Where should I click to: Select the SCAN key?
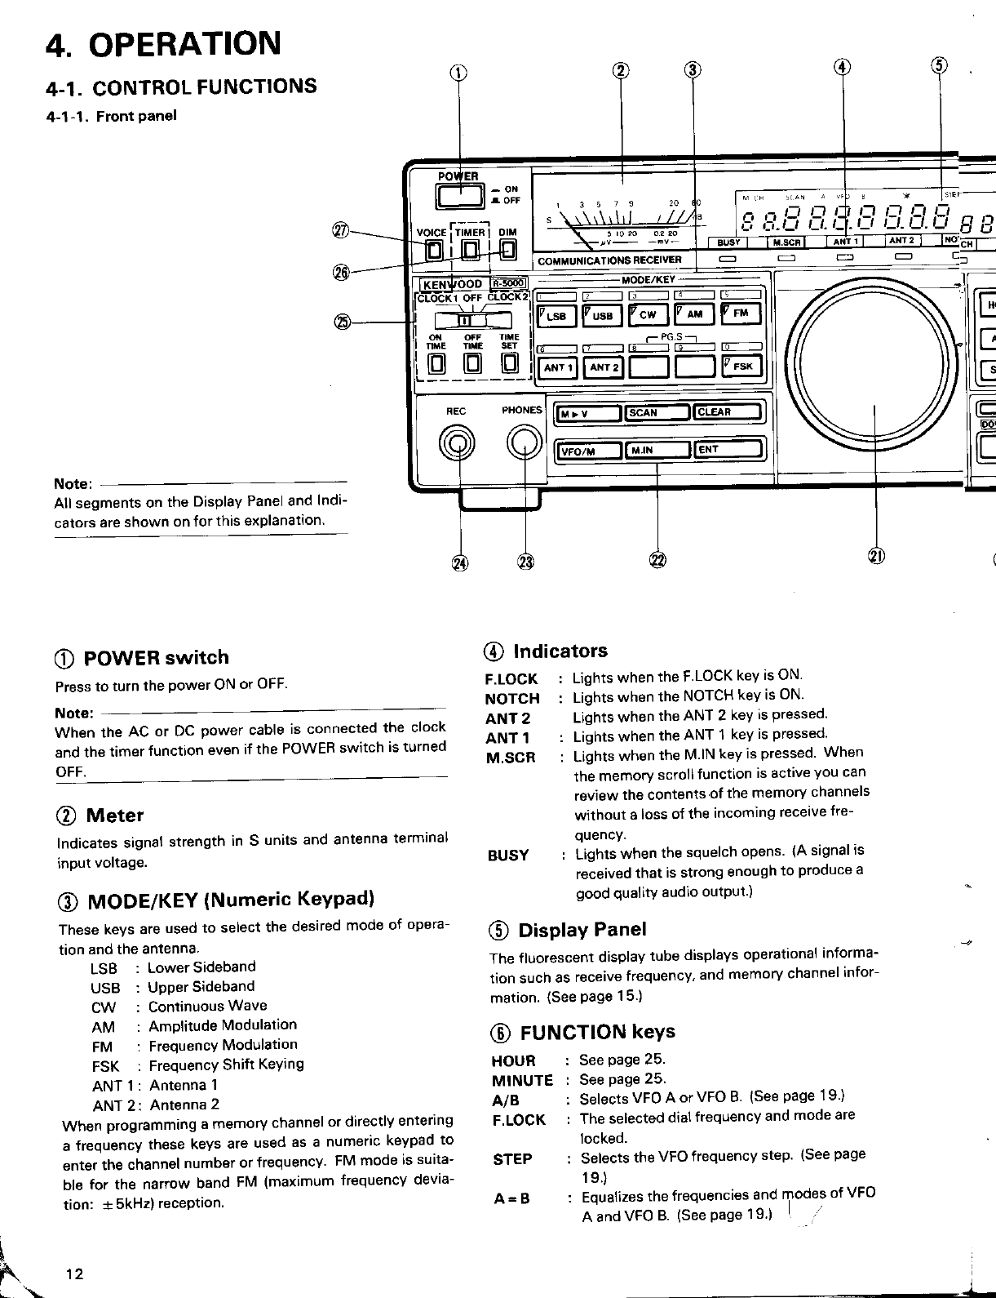pyautogui.click(x=657, y=412)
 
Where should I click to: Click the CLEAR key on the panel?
pyautogui.click(x=727, y=412)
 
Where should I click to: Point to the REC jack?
pyautogui.click(x=457, y=444)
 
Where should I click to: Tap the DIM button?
pyautogui.click(x=507, y=250)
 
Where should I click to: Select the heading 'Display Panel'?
pyautogui.click(x=582, y=930)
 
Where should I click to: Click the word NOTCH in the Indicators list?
pyautogui.click(x=512, y=699)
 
